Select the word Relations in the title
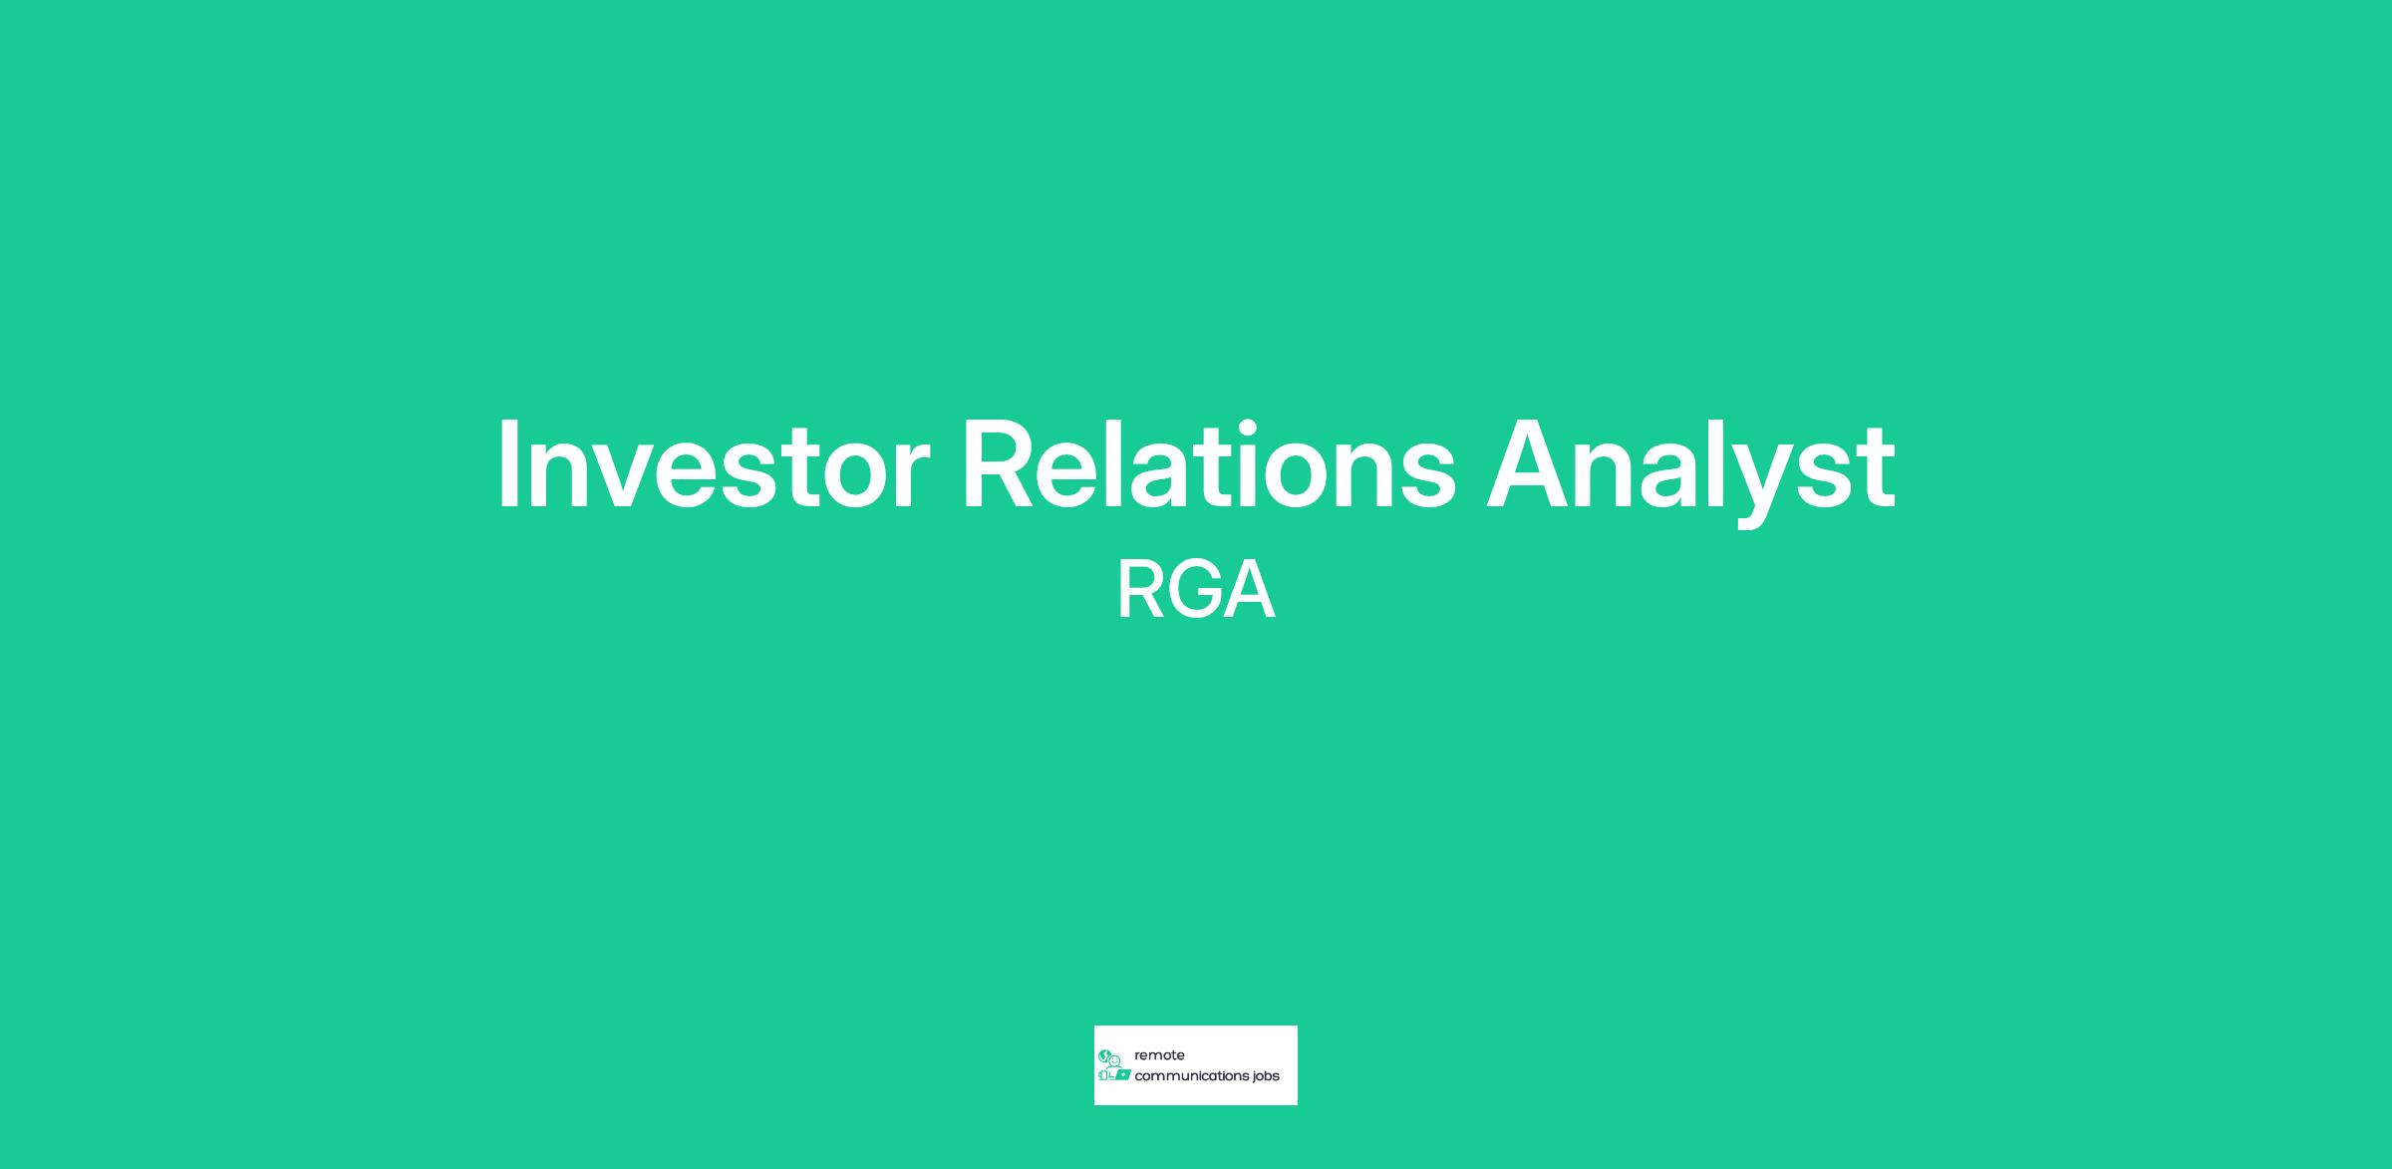[1209, 463]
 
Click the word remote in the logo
[1159, 1055]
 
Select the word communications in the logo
[1191, 1076]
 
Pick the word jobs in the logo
[1267, 1077]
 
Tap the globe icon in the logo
[1104, 1055]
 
